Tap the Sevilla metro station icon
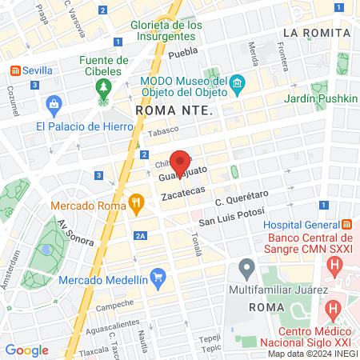(x=14, y=70)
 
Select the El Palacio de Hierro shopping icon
(x=54, y=104)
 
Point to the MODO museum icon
(x=237, y=85)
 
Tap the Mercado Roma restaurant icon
(x=138, y=205)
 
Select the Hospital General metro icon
(x=346, y=225)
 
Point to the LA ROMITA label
(x=317, y=32)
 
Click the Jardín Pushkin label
(x=318, y=99)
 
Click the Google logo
(x=26, y=350)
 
